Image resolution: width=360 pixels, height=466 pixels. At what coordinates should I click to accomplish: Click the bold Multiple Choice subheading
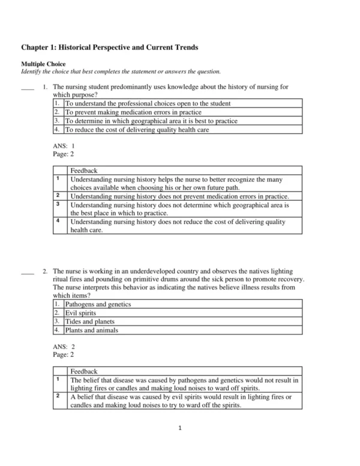[44, 64]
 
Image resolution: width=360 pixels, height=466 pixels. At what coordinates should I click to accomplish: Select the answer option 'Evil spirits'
[80, 313]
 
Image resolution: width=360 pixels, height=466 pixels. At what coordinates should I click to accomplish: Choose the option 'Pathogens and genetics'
[98, 304]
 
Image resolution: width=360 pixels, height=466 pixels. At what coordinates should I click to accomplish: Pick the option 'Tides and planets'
[86, 321]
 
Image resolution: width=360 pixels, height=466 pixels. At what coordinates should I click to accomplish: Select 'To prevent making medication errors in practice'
[133, 112]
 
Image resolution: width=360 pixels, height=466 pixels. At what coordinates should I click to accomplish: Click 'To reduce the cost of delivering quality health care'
[137, 129]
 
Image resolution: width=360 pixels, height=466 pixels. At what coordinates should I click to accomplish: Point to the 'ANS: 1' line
[64, 145]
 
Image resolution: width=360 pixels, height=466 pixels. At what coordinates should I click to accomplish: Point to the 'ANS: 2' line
[64, 346]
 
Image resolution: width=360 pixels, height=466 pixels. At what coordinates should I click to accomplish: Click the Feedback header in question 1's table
[83, 171]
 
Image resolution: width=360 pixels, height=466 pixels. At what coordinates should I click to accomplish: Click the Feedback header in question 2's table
[83, 372]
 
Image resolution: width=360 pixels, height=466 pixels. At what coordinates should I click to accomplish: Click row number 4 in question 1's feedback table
[58, 221]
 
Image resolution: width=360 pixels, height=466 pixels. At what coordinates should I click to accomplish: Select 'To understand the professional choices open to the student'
[148, 104]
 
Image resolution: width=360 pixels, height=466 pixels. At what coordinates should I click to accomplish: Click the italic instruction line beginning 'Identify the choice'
[121, 71]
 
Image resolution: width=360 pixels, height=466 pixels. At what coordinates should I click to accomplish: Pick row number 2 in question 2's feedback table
[58, 396]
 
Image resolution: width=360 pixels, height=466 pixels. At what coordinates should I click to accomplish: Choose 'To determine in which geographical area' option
[151, 121]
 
